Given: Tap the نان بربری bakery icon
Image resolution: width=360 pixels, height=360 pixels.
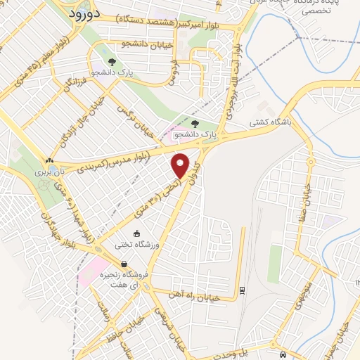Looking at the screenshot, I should point(49,161).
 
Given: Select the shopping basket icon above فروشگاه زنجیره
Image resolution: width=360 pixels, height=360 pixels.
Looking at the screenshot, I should point(124,264).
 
